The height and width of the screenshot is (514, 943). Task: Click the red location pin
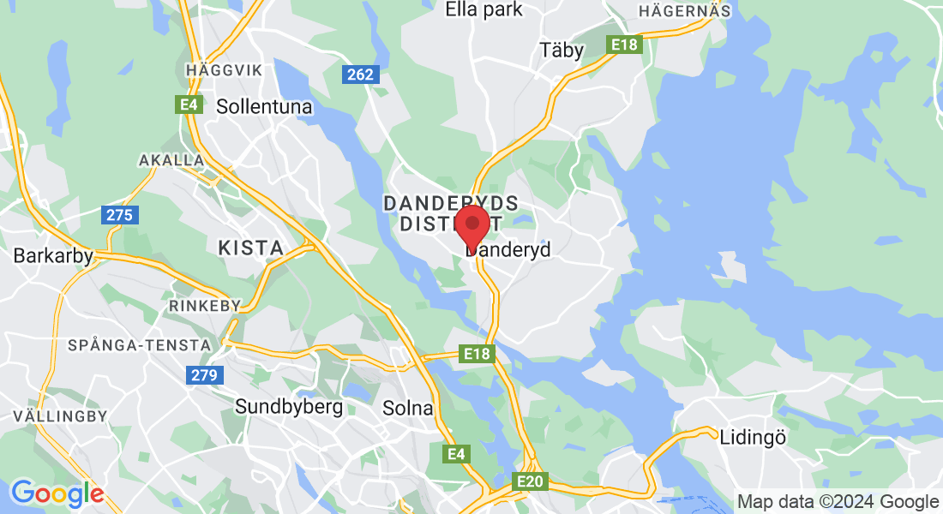[x=471, y=225]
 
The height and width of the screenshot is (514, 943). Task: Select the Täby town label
[x=562, y=50]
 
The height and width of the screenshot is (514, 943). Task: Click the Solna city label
[x=408, y=409]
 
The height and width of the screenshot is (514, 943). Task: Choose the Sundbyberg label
[x=289, y=406]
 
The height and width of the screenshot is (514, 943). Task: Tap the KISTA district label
[x=250, y=248]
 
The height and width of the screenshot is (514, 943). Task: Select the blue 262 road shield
[x=359, y=75]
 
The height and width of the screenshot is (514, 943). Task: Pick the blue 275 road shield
[x=119, y=214]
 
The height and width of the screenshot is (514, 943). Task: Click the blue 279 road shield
[x=205, y=374]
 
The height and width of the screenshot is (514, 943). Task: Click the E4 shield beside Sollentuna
[x=189, y=105]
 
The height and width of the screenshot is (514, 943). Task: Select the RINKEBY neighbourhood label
[x=206, y=306]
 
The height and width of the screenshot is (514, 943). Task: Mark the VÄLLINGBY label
[x=60, y=416]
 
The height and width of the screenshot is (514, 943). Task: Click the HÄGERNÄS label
[x=685, y=11]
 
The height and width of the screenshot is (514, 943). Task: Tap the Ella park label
[x=484, y=9]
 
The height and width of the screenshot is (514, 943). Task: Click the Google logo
[x=57, y=493]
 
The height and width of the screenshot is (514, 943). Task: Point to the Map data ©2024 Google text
[x=838, y=502]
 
